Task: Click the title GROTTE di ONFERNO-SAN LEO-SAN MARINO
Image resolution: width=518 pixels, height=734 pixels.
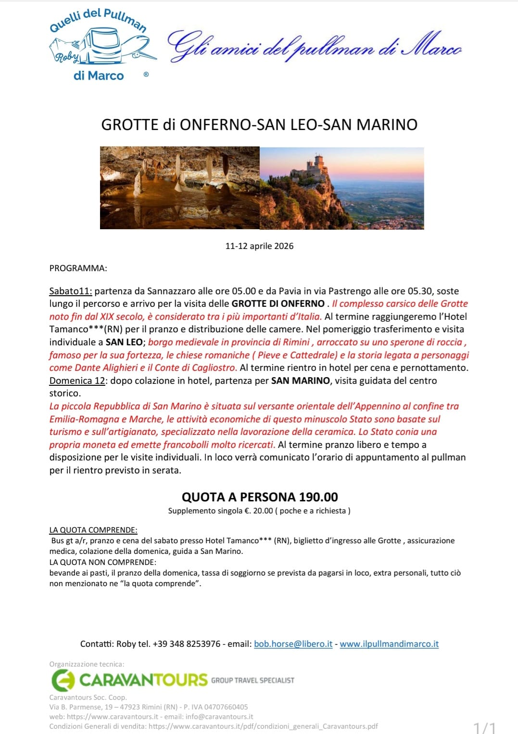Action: pyautogui.click(x=259, y=125)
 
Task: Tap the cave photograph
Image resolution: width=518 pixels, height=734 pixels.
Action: pyautogui.click(x=179, y=188)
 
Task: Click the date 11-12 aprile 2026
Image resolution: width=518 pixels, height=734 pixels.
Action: pyautogui.click(x=259, y=246)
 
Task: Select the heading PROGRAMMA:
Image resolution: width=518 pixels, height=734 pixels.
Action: pyautogui.click(x=78, y=268)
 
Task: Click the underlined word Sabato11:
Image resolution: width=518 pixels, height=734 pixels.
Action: pyautogui.click(x=71, y=291)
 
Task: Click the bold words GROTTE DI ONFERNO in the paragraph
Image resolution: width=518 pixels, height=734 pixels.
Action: pyautogui.click(x=278, y=304)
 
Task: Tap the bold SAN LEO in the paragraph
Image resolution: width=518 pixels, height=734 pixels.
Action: pyautogui.click(x=124, y=342)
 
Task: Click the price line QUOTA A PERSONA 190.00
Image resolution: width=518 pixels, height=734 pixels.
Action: pyautogui.click(x=259, y=497)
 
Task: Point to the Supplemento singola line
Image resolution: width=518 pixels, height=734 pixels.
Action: pyautogui.click(x=259, y=511)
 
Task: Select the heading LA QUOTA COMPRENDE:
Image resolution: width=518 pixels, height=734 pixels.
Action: pyautogui.click(x=93, y=530)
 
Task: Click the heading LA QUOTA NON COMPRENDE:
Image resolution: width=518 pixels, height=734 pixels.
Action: pyautogui.click(x=102, y=562)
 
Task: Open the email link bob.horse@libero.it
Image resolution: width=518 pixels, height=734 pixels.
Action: pyautogui.click(x=293, y=644)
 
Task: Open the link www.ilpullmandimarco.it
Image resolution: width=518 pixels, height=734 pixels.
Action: pyautogui.click(x=389, y=644)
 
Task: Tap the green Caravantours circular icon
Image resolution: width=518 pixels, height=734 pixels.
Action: pyautogui.click(x=63, y=681)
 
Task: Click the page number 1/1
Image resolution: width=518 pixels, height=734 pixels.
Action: pyautogui.click(x=484, y=727)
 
